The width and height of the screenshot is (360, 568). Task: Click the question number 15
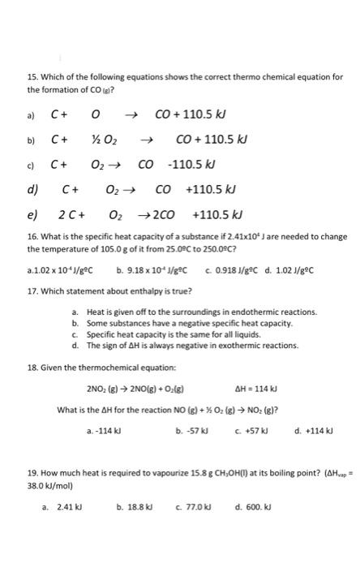pos(32,77)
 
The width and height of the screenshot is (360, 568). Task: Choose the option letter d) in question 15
pos(33,191)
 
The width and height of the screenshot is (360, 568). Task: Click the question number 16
pos(32,236)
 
